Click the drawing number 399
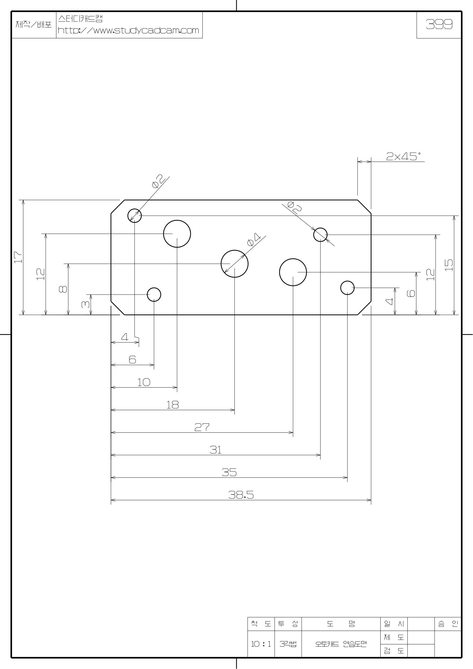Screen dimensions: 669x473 439,25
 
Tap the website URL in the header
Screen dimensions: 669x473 128,30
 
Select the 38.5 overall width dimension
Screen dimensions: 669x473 241,495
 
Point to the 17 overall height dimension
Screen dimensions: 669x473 18,257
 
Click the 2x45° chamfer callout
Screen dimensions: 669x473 404,157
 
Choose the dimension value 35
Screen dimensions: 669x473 229,472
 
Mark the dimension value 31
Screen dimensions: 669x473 216,450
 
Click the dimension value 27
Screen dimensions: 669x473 202,427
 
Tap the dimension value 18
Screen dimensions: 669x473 172,405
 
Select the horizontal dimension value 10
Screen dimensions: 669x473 144,382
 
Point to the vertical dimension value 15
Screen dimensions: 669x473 450,265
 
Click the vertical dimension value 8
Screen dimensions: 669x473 63,289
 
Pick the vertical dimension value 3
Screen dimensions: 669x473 86,304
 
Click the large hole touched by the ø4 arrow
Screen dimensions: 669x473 234,264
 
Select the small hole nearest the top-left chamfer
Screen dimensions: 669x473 135,216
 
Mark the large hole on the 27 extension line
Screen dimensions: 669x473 293,272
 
